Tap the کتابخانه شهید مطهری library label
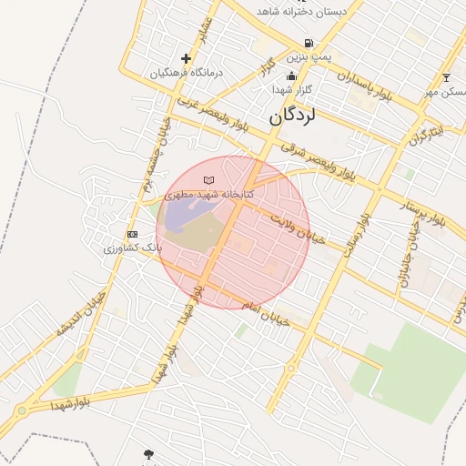click(x=209, y=195)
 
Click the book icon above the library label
click(x=209, y=181)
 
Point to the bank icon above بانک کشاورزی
click(x=133, y=235)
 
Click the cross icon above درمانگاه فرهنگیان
click(x=187, y=58)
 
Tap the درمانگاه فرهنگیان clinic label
click(x=187, y=72)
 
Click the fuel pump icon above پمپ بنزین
click(x=309, y=43)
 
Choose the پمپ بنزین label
click(x=309, y=56)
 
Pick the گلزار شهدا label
click(x=291, y=90)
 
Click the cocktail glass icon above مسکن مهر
click(x=446, y=77)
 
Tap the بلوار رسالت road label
click(x=355, y=239)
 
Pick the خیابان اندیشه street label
click(x=81, y=314)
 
